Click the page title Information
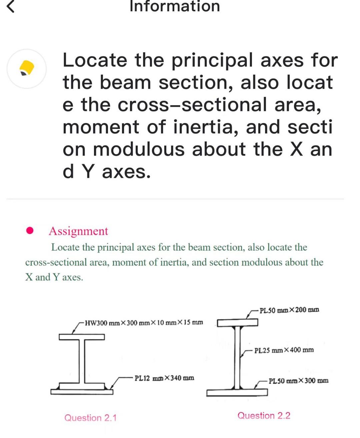pos(175,6)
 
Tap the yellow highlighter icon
pos(27,68)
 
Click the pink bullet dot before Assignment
pos(30,230)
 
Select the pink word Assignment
pos(78,231)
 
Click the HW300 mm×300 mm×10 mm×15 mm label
pos(144,322)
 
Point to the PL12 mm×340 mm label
pos(164,378)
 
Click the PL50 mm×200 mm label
pos(289,310)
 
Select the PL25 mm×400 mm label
pos(284,350)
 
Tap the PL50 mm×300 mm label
pos(298,381)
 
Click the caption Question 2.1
pos(90,418)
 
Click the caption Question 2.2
pos(264,415)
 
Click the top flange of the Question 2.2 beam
pos(237,322)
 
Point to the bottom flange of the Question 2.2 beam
pos(237,392)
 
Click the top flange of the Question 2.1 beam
pos(82,337)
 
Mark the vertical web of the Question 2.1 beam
pos(82,361)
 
